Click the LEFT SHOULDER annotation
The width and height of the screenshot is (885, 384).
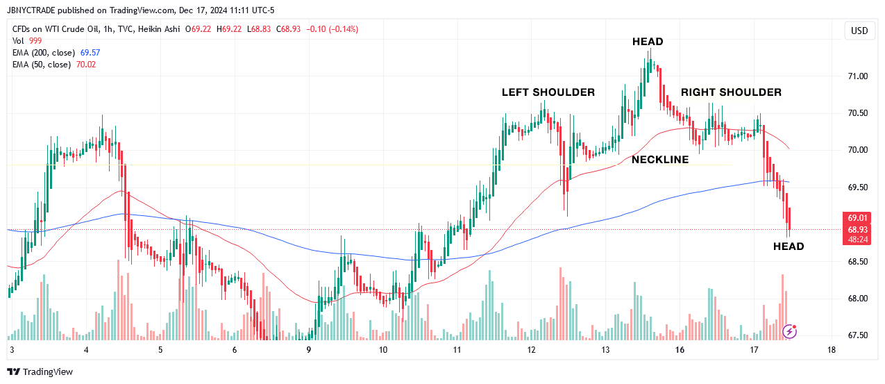[x=548, y=92]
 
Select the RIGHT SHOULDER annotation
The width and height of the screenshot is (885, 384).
[x=731, y=92]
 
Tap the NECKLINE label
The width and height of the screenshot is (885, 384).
[x=660, y=160]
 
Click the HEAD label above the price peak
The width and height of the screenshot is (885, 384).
[x=648, y=42]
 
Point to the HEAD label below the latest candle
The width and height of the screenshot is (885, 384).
[x=789, y=247]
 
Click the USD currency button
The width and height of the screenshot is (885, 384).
[x=859, y=31]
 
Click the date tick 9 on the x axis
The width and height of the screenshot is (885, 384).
[x=309, y=350]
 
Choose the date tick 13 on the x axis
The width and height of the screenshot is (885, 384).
[x=605, y=350]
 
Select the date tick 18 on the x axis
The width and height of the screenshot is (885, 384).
[x=832, y=350]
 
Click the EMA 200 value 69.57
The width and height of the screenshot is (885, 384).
[x=90, y=53]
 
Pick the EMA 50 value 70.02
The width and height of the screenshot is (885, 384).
[x=86, y=65]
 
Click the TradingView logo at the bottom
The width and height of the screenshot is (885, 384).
[x=40, y=372]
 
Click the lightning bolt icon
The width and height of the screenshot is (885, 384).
[x=789, y=331]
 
